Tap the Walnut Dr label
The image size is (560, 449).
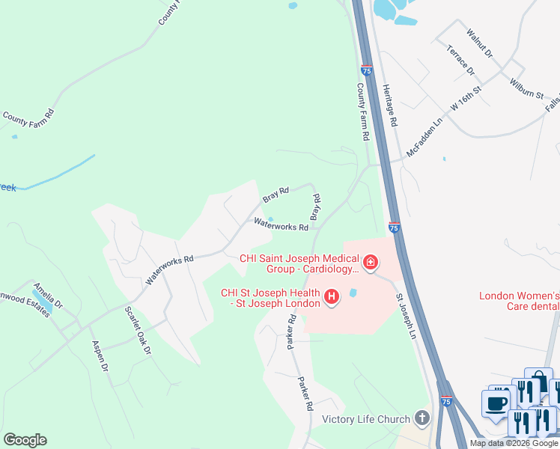point(479,43)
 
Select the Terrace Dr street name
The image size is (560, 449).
point(460,60)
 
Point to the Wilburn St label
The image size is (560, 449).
point(526,88)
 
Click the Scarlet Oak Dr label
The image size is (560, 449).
point(139,330)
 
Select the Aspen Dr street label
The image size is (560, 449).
point(100,357)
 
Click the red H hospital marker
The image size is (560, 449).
point(331,298)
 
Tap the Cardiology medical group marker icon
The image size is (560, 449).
point(370,263)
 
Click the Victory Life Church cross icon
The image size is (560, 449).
point(422,419)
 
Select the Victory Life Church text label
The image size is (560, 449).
point(365,420)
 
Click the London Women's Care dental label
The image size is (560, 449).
point(520,301)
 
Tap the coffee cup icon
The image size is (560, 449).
point(496,403)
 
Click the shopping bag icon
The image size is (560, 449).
point(538,381)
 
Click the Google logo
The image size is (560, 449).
point(25,440)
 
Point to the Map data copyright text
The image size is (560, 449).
point(513,443)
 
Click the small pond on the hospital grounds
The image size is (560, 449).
point(353,293)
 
